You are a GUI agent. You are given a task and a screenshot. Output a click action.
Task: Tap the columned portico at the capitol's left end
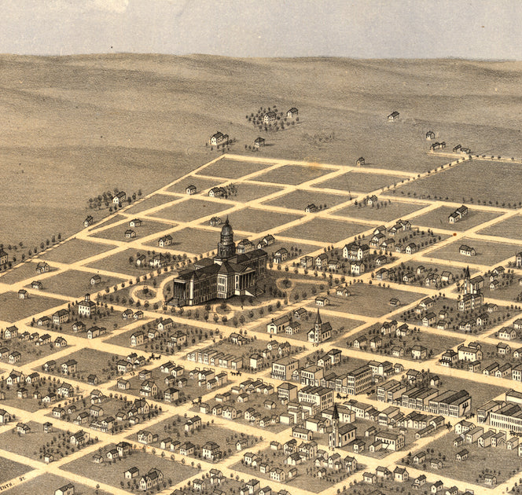click(180, 289)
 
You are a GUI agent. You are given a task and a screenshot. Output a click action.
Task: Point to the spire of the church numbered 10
click(318, 317)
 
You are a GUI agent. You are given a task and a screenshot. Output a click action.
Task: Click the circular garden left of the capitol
click(145, 295)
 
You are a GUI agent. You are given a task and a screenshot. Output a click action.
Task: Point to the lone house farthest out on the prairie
click(393, 116)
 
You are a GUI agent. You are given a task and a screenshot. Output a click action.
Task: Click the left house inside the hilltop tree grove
click(270, 118)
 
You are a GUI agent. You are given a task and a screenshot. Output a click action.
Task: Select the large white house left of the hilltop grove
click(218, 139)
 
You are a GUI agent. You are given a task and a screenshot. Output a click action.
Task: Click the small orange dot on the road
click(454, 233)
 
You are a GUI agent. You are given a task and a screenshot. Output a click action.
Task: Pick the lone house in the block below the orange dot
click(467, 251)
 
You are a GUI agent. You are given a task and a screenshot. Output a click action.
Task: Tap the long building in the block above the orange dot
click(458, 213)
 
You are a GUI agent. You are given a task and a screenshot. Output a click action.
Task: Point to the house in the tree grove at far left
click(119, 197)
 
